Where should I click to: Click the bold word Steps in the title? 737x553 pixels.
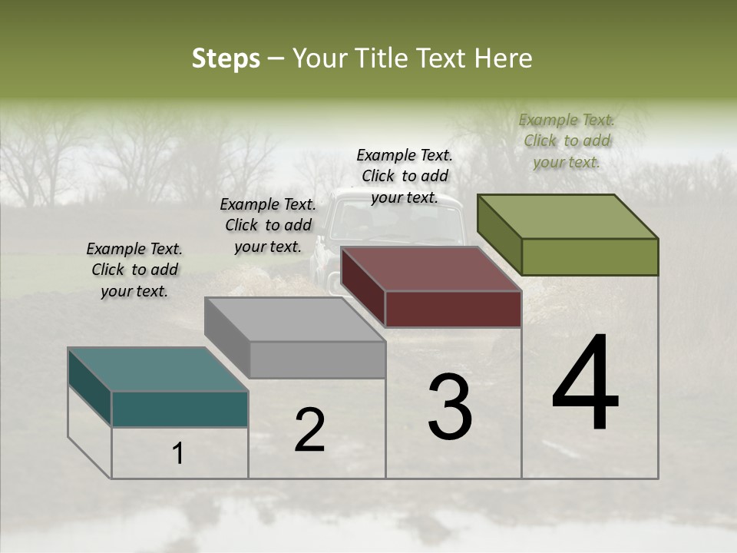point(226,58)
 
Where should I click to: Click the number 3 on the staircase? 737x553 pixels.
point(449,407)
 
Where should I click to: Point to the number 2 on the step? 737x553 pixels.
point(309,430)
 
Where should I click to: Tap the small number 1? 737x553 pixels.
point(178,454)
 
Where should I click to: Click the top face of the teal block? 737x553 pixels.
point(157,369)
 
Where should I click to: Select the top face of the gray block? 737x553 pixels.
point(295,319)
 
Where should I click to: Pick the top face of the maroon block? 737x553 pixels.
point(431,269)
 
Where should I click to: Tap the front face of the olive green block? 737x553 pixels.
point(590,257)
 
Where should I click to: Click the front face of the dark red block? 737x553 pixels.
point(453,309)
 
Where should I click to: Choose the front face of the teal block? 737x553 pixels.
point(180,409)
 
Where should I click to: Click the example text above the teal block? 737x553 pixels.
point(134,270)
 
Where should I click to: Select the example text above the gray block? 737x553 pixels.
point(268,225)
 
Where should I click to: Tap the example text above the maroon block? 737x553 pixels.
point(405,176)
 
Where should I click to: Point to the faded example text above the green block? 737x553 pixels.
point(567,141)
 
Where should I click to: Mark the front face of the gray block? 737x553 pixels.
point(317,359)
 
